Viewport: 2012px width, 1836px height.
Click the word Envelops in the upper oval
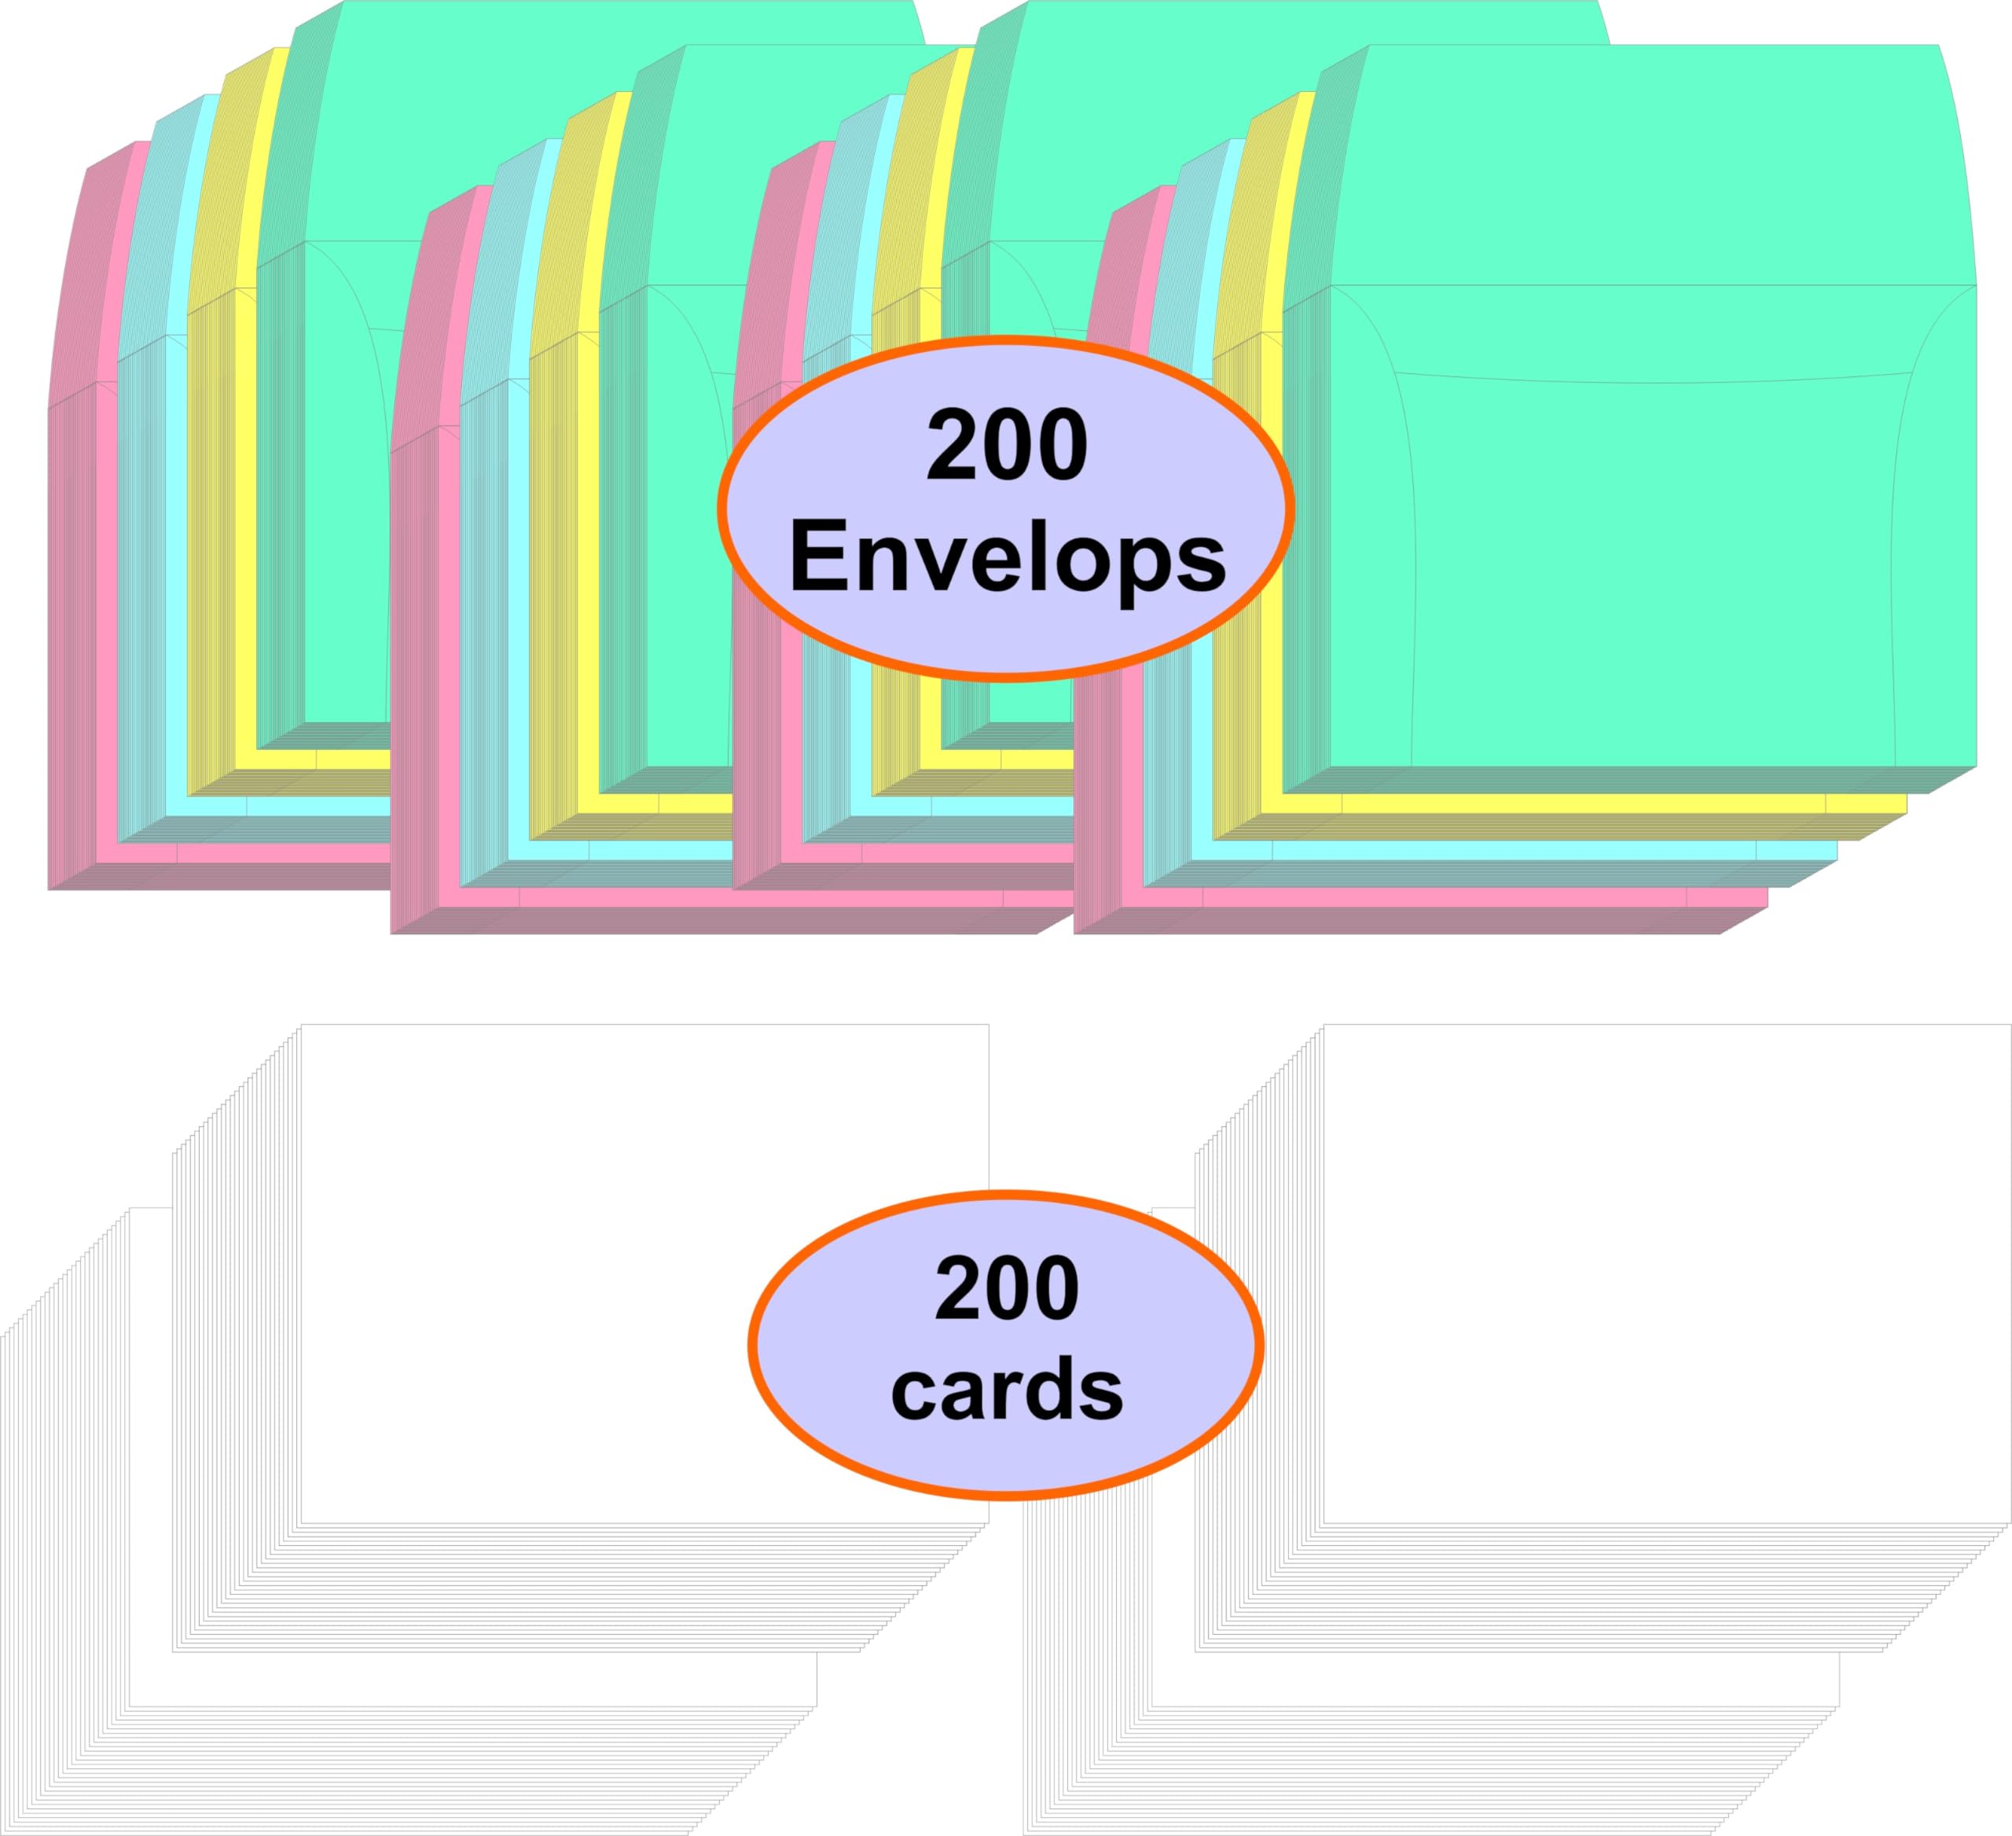point(1007,558)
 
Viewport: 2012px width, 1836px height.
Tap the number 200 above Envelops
point(1007,445)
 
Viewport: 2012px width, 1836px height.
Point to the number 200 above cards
point(1007,1288)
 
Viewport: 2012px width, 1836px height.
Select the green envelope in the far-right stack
point(1647,419)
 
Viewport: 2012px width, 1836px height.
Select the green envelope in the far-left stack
point(340,399)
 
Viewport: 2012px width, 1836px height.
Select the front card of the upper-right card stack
point(1667,1273)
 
